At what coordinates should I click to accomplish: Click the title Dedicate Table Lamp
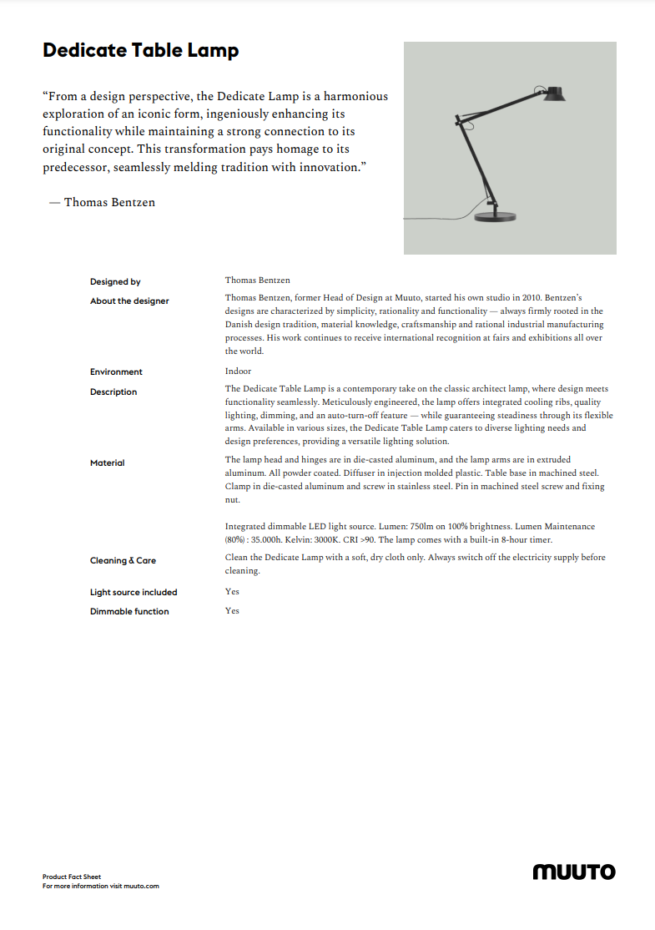click(140, 51)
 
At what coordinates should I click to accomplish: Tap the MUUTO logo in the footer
click(574, 872)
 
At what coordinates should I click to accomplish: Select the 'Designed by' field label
click(115, 282)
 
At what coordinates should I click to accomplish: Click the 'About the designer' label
click(129, 301)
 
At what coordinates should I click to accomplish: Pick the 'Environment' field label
click(116, 372)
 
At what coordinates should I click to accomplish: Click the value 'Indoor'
click(238, 371)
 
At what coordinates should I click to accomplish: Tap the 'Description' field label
click(113, 392)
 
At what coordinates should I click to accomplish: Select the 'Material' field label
click(107, 463)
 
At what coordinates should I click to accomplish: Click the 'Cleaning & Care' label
click(123, 561)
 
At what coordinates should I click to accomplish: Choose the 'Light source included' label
click(134, 593)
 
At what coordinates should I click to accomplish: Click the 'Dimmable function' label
click(129, 612)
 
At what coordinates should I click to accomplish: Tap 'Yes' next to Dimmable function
click(232, 611)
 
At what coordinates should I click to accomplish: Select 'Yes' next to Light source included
click(232, 592)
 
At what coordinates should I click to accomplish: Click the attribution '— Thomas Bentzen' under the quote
click(102, 202)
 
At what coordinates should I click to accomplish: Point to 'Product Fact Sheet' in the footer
click(72, 877)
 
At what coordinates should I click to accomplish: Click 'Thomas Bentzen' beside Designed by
click(257, 281)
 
